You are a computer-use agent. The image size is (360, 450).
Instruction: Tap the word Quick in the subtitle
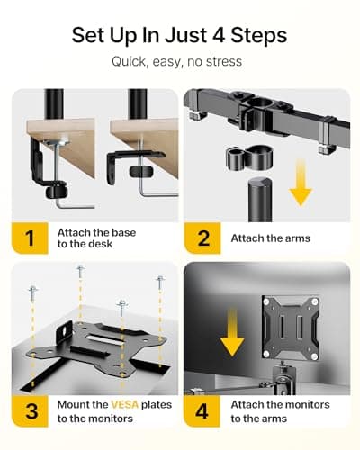point(130,62)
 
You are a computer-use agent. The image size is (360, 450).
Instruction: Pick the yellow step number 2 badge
point(203,238)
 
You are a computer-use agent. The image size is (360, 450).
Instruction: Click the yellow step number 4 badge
point(203,411)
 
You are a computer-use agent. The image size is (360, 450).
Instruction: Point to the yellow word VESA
point(124,404)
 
